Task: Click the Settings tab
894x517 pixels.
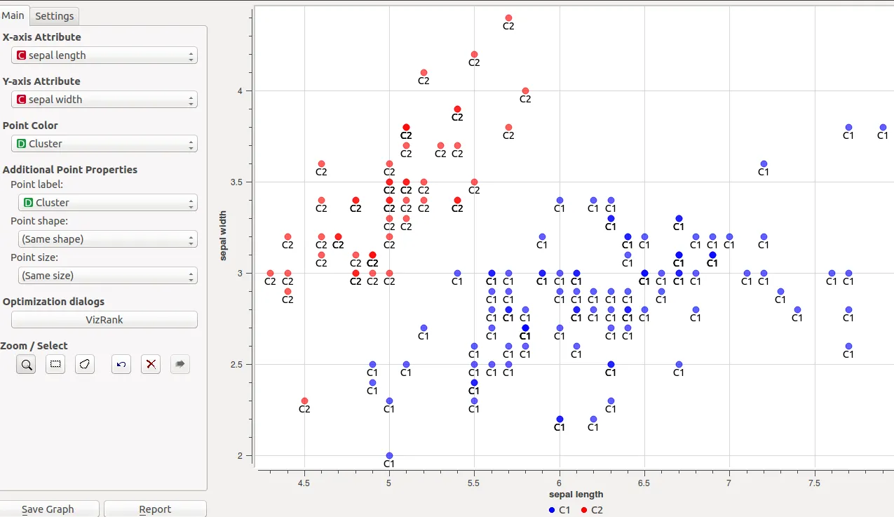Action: [x=54, y=15]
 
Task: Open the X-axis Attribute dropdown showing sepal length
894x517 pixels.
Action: [x=104, y=55]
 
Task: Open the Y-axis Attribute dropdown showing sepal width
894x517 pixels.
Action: [x=104, y=100]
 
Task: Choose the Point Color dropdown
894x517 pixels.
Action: [x=104, y=144]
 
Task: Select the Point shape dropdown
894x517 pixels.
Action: [x=107, y=239]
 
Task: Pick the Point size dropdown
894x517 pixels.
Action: [x=107, y=276]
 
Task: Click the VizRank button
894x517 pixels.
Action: [x=104, y=320]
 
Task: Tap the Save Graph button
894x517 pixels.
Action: [x=48, y=509]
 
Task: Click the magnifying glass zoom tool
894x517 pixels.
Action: [x=27, y=364]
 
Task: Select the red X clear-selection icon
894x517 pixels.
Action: [x=151, y=364]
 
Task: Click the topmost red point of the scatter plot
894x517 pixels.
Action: [x=508, y=18]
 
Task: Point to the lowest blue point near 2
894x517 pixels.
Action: [x=389, y=456]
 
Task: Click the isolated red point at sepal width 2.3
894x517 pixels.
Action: [x=304, y=401]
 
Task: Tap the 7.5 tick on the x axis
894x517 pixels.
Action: [x=814, y=483]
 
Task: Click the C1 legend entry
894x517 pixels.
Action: [x=560, y=510]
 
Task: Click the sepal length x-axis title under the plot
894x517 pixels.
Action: [x=576, y=495]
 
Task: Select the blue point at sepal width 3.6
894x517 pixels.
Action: [x=764, y=164]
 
